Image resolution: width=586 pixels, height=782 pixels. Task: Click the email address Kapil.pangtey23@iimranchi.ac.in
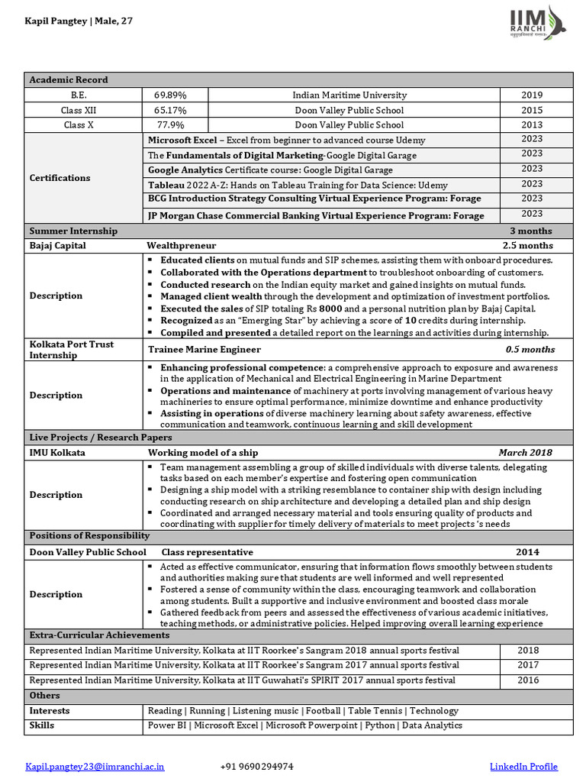pos(95,766)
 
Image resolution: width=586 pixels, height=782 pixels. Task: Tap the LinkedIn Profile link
pos(523,766)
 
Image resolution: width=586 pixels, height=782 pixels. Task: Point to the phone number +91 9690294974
pos(256,766)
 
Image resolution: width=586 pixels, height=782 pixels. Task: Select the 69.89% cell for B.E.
pos(170,95)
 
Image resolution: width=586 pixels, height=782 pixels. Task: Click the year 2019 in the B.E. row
pos(532,95)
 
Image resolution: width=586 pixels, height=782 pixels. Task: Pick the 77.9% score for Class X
pos(170,124)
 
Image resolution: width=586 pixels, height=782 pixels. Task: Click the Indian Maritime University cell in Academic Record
pos(349,95)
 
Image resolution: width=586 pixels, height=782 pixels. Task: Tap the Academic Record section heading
pos(69,79)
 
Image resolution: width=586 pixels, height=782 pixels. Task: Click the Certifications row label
pos(60,178)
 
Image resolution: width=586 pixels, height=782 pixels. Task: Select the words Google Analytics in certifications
pos(185,170)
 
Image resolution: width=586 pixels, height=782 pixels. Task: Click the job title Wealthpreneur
pos(182,246)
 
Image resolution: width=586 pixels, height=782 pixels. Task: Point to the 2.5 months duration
pos(527,246)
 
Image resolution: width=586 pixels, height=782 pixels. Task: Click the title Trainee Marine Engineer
pos(204,349)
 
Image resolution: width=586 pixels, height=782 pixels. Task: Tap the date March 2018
pos(525,452)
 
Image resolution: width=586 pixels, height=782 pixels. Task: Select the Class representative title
pos(207,552)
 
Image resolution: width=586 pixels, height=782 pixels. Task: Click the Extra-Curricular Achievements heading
pos(99,635)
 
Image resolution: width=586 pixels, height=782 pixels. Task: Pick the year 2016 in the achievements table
pos(527,680)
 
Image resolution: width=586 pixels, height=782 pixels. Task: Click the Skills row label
pos(42,725)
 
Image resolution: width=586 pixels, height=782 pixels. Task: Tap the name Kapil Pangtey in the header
pos(56,21)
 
